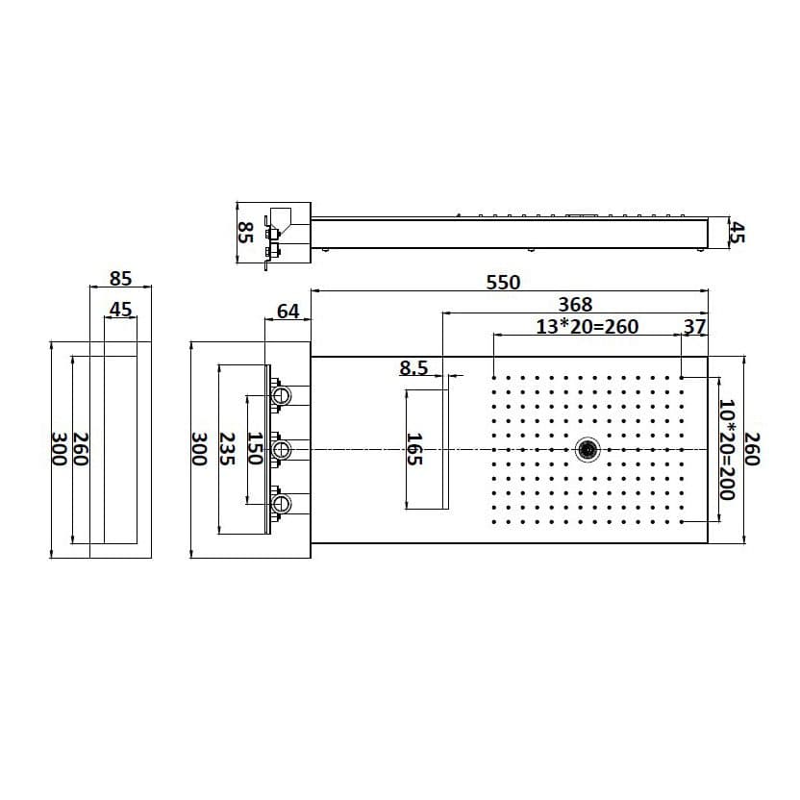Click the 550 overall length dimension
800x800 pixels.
[x=503, y=282]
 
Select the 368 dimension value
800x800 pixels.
[x=575, y=304]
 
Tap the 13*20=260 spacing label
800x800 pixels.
[x=587, y=327]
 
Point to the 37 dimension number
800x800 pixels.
[x=694, y=327]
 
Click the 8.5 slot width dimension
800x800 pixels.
[x=413, y=368]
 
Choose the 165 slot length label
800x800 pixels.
[x=414, y=449]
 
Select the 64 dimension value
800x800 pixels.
[x=287, y=312]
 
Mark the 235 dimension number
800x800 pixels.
[x=227, y=449]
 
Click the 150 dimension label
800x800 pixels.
[x=255, y=449]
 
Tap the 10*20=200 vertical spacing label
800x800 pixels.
[x=726, y=449]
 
